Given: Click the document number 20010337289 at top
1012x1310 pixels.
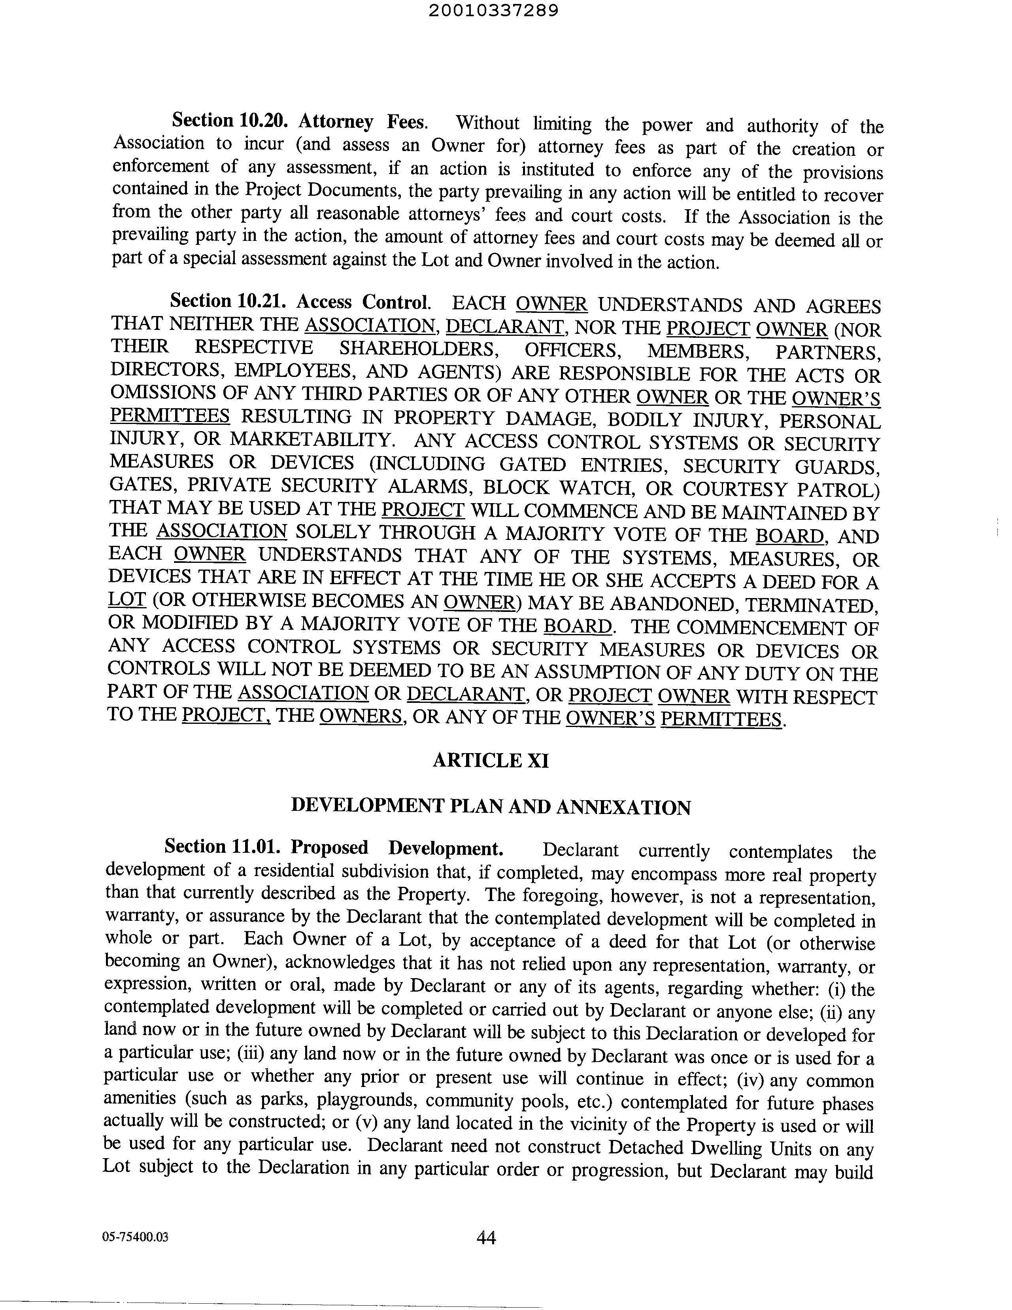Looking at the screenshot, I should [x=493, y=11].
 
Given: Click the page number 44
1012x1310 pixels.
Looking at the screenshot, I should [x=486, y=1237].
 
